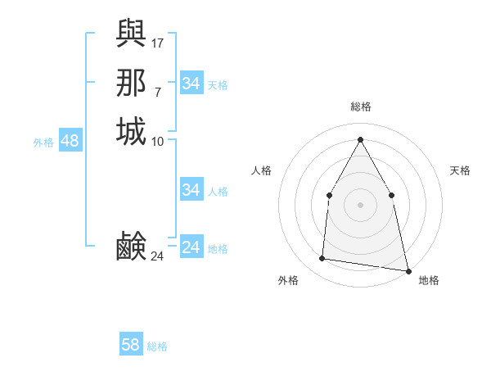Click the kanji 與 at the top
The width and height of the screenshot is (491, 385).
(131, 33)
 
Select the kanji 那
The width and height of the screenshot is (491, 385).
(131, 83)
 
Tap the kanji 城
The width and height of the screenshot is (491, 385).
(131, 132)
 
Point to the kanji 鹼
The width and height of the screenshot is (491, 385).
(131, 246)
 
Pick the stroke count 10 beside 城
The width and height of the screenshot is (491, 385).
(158, 142)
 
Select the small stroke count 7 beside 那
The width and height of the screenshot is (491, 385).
(157, 92)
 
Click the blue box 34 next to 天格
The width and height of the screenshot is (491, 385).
(191, 84)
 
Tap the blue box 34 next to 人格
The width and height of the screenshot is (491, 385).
(191, 190)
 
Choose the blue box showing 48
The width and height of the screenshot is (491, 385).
(70, 141)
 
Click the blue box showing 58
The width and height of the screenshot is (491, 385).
(130, 345)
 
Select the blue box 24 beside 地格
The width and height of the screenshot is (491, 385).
(191, 247)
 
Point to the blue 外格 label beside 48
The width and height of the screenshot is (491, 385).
(43, 143)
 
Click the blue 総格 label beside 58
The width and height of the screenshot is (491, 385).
(157, 346)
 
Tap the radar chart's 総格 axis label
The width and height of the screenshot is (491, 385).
(360, 106)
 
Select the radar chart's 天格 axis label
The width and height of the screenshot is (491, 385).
(460, 170)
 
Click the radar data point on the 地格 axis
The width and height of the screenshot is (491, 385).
(407, 269)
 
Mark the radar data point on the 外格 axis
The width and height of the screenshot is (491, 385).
(322, 259)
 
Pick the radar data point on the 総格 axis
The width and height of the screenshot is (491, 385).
(360, 138)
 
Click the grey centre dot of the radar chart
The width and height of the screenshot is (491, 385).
(360, 204)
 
